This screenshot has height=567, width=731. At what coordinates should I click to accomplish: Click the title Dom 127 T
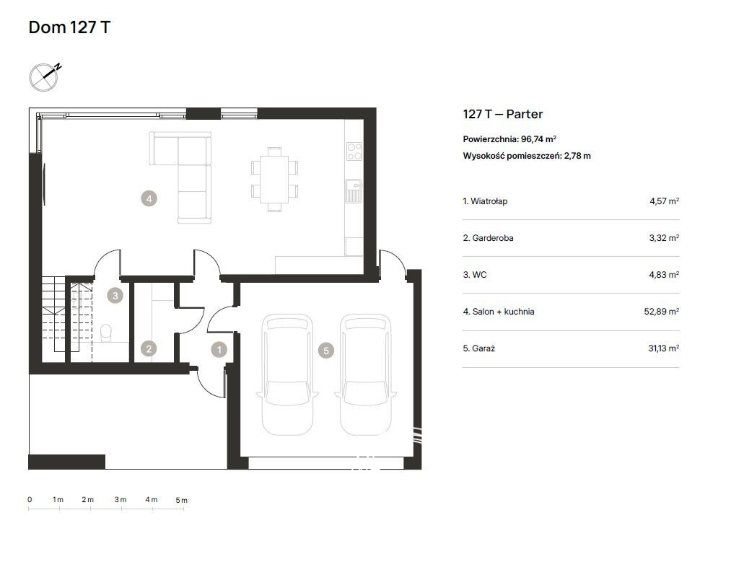[x=69, y=27]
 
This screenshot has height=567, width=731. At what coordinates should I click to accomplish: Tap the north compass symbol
[x=44, y=77]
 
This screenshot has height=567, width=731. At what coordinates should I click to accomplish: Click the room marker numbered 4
[x=149, y=199]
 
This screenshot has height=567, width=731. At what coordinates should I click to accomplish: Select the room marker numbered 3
[x=115, y=295]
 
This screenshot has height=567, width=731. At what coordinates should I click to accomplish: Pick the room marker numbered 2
[x=149, y=348]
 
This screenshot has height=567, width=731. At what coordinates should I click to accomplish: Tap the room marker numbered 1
[x=219, y=349]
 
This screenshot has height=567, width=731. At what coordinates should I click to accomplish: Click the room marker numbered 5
[x=326, y=351]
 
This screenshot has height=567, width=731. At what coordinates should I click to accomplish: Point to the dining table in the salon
[x=274, y=180]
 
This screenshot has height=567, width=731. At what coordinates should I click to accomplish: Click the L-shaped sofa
[x=180, y=177]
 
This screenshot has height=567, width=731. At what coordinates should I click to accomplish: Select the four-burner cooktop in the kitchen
[x=354, y=151]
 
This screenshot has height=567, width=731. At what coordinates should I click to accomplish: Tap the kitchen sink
[x=354, y=191]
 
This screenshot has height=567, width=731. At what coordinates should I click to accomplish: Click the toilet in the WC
[x=106, y=332]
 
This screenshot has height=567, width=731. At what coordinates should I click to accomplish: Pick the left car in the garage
[x=287, y=374]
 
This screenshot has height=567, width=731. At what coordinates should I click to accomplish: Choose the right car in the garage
[x=365, y=374]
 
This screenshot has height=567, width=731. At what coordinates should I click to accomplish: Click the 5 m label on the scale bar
[x=181, y=500]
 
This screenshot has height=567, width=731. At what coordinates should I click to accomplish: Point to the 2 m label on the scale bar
[x=87, y=499]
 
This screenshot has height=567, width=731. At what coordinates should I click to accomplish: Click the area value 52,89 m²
[x=662, y=311]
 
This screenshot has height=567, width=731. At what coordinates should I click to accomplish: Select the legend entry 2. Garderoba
[x=488, y=237]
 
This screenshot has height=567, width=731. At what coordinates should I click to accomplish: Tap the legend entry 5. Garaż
[x=478, y=348]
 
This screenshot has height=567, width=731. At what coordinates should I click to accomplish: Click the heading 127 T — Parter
[x=502, y=114]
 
